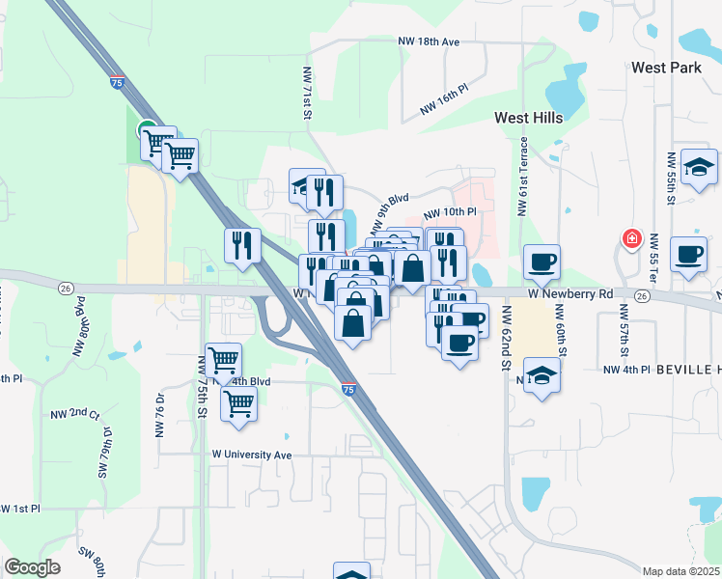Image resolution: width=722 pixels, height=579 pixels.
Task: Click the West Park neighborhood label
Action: (x=666, y=69)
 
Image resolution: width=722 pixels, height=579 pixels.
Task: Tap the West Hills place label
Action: (x=528, y=117)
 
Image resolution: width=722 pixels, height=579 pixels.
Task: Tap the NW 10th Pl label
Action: (x=450, y=211)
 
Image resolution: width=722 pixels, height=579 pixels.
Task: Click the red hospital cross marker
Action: (x=631, y=237)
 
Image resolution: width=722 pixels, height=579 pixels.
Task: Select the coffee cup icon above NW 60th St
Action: (x=542, y=261)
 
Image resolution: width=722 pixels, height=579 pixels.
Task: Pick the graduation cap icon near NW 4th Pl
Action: (x=542, y=376)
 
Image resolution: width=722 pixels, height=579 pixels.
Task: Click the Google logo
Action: (x=33, y=567)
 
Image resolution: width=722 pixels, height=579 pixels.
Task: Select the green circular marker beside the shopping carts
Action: (x=146, y=127)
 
